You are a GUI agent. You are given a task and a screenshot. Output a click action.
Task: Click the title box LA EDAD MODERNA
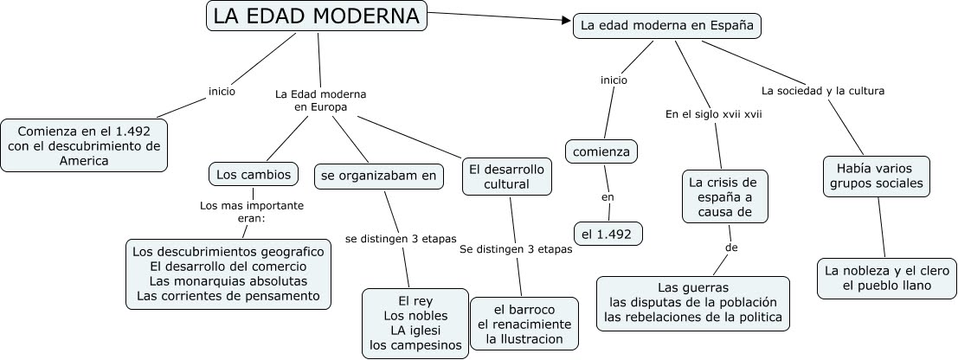(x=317, y=16)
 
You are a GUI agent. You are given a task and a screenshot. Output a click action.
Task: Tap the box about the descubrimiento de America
(x=84, y=145)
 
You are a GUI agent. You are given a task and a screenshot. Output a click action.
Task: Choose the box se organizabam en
(x=379, y=176)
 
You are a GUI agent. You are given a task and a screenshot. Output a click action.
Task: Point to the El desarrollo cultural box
(x=506, y=176)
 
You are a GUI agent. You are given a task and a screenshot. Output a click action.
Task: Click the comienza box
(x=601, y=152)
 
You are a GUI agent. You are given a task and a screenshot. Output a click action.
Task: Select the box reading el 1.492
(x=608, y=233)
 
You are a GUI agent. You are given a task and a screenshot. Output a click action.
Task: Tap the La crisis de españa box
(x=723, y=196)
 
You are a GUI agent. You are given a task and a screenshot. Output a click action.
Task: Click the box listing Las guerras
(x=693, y=302)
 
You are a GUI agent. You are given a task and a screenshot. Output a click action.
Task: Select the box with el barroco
(x=524, y=324)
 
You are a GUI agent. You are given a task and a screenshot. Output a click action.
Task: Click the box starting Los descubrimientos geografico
(x=228, y=273)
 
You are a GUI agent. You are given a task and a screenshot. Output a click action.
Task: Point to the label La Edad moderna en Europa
(x=320, y=100)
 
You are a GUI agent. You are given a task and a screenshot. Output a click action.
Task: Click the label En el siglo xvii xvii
(x=713, y=113)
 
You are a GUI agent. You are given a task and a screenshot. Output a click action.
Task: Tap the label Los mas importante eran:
(x=252, y=212)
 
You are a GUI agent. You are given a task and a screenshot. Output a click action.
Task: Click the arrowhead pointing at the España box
(x=566, y=22)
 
